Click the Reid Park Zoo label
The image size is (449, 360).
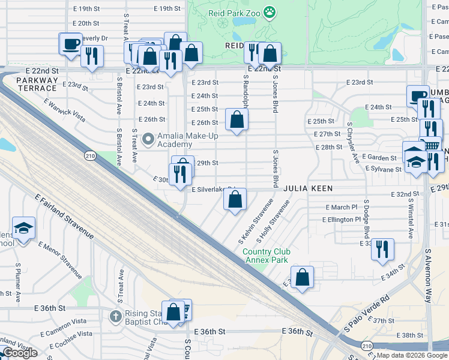[232, 12]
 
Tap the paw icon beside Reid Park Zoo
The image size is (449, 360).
[270, 12]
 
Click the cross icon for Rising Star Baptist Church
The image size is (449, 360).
[116, 315]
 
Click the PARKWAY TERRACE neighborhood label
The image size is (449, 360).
[37, 84]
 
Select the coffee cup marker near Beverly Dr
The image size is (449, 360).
[71, 44]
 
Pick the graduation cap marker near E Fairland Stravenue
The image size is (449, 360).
[23, 228]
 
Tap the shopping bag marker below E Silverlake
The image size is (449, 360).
[235, 200]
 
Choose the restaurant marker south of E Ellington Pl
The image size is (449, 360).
[382, 248]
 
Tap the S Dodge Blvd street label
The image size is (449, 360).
[366, 210]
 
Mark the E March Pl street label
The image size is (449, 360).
[341, 207]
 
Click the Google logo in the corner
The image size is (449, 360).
[20, 353]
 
